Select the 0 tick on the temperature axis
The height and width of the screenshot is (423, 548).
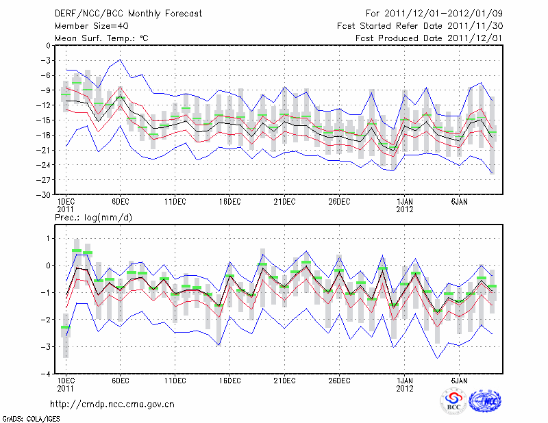pos(47,46)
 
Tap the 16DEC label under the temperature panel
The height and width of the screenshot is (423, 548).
pos(229,202)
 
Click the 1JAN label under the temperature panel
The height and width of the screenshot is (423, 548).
pos(405,202)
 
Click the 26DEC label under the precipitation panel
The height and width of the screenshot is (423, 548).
pos(339,380)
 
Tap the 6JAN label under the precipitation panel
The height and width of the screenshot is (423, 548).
pos(460,380)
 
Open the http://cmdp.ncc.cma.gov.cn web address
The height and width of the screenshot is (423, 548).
pos(112,405)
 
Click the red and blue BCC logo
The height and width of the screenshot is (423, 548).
pos(453,402)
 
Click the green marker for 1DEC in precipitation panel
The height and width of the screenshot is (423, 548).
pos(65,327)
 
